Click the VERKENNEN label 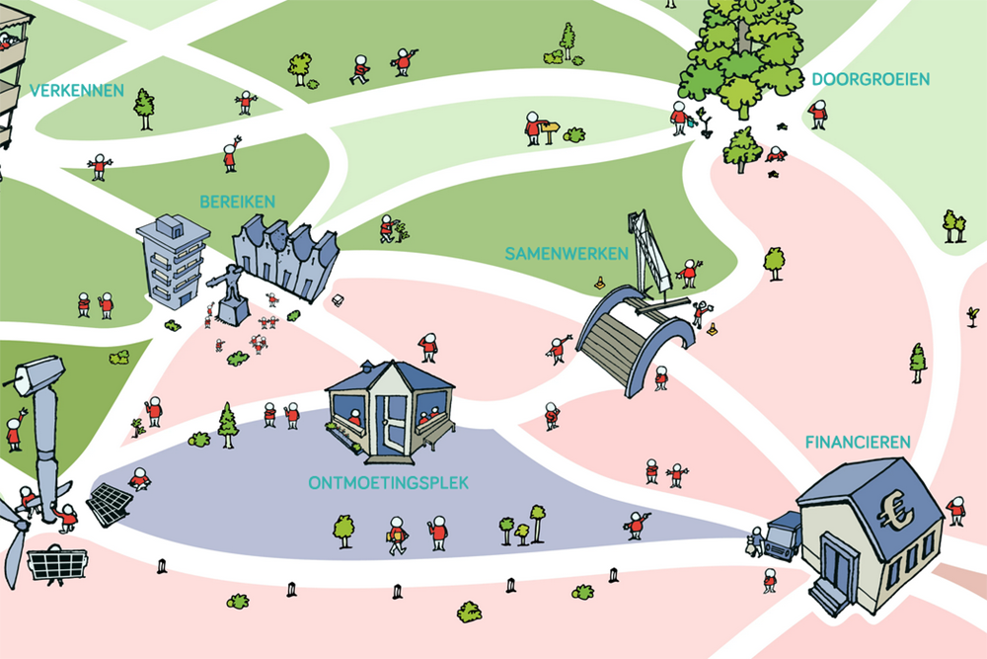[x=77, y=91]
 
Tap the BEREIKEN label [x=237, y=202]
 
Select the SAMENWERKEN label [x=567, y=254]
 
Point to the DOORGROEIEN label [x=871, y=79]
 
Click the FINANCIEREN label [x=858, y=443]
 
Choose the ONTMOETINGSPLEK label [x=388, y=483]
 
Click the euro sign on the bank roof [x=896, y=510]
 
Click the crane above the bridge [x=649, y=253]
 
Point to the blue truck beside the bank [x=784, y=535]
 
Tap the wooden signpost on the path [x=550, y=132]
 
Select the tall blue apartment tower [x=173, y=261]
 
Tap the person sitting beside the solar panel [x=139, y=479]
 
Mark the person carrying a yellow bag [x=397, y=535]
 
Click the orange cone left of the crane [x=600, y=283]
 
